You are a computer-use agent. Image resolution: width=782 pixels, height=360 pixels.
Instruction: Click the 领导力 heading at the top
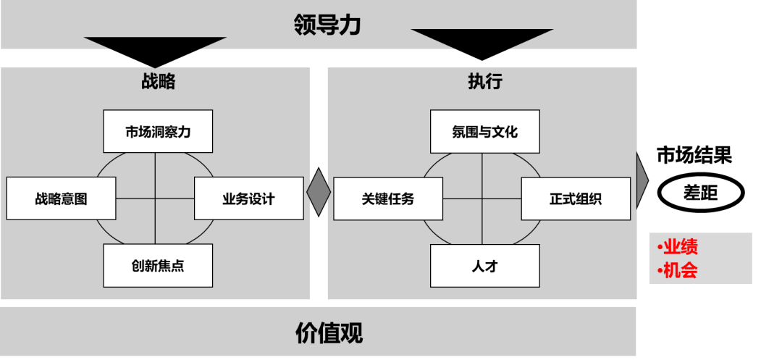[x=327, y=25]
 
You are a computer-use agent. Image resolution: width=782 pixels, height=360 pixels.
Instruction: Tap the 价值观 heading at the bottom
[x=329, y=332]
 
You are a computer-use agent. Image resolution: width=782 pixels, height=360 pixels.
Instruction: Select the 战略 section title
[x=158, y=81]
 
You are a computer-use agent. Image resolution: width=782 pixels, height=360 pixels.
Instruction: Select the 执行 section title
[x=484, y=81]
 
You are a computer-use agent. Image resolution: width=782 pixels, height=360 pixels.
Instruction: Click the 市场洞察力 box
[x=158, y=132]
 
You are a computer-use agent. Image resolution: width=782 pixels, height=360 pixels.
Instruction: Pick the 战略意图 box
[x=61, y=198]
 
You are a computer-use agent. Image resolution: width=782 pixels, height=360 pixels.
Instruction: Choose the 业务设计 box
[x=248, y=198]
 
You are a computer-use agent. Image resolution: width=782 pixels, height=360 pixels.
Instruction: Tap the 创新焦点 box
[x=158, y=265]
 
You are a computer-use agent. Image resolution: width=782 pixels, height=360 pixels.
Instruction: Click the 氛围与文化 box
[x=484, y=132]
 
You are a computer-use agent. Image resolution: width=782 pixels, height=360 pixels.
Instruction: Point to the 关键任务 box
[x=388, y=198]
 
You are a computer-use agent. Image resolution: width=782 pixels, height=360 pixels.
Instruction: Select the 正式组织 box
[x=576, y=198]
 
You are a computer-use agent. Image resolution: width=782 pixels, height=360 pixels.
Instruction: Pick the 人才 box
[x=484, y=266]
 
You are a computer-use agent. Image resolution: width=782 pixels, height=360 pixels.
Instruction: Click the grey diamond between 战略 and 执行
[x=319, y=193]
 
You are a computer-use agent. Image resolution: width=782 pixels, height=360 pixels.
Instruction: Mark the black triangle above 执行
[x=482, y=38]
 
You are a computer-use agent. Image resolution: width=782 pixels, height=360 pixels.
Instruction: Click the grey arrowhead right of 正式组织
[x=642, y=180]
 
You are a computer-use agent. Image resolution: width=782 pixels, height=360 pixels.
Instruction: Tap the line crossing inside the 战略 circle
[x=156, y=198]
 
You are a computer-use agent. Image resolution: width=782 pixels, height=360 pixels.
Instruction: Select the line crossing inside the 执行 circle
[x=482, y=198]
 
